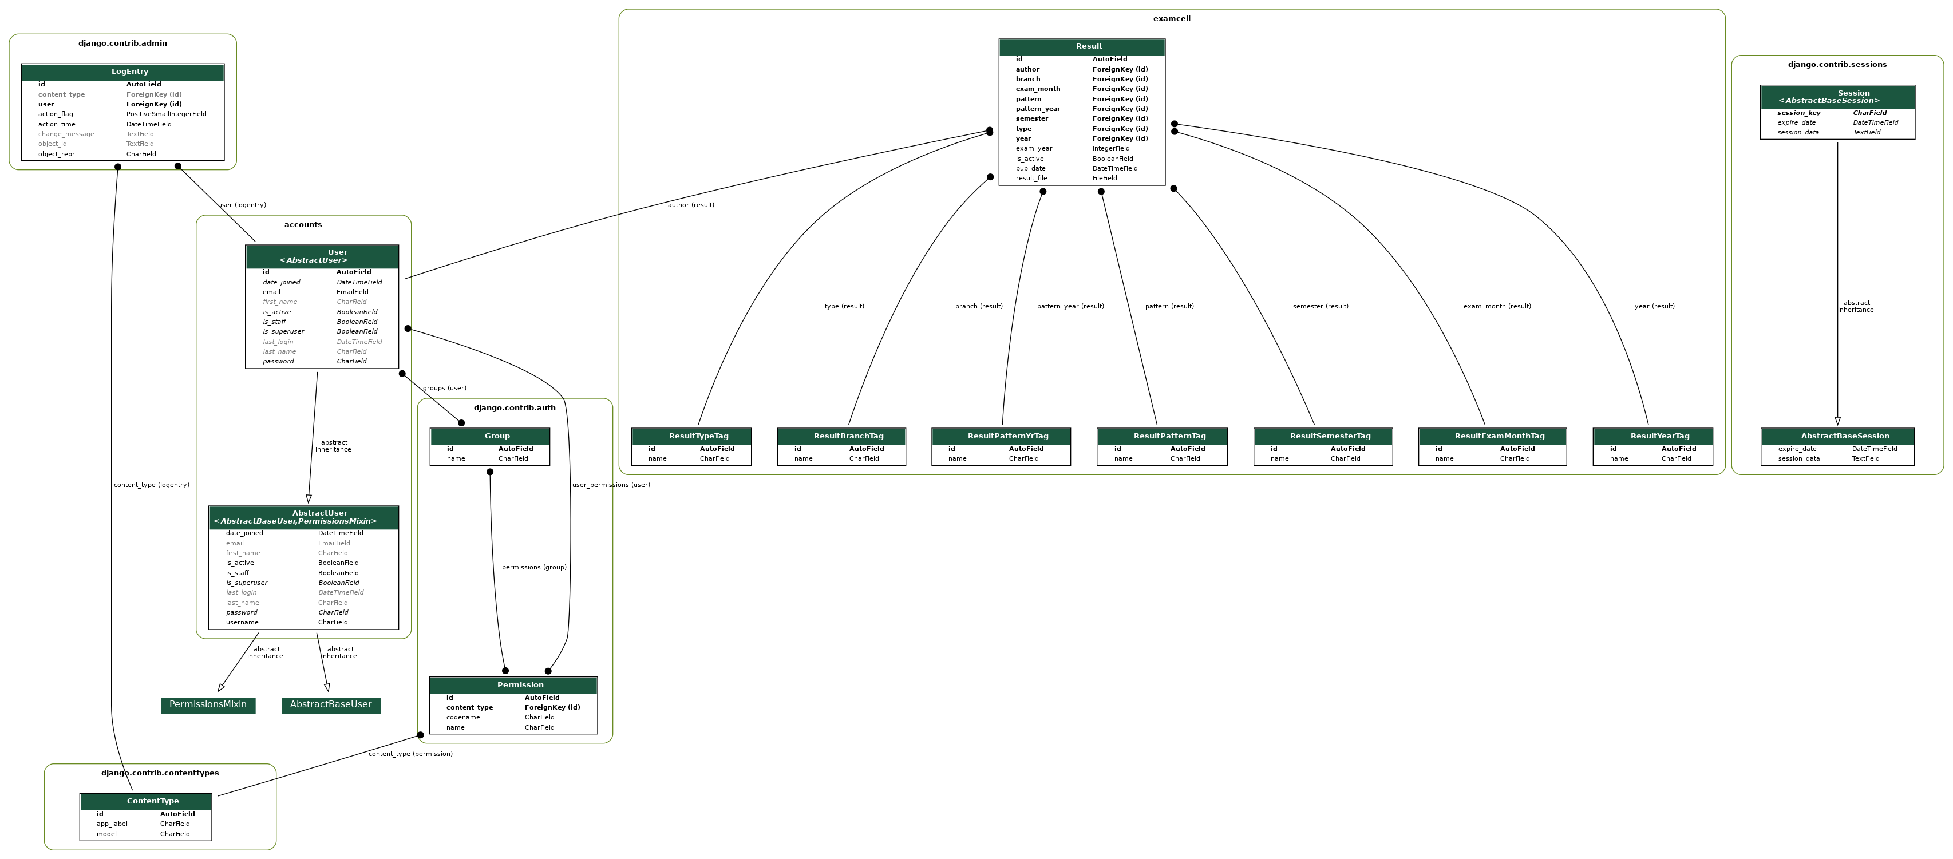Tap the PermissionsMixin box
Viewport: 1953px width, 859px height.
[x=208, y=705]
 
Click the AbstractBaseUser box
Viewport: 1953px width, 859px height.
[x=330, y=705]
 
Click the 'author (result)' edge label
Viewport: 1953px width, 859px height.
[x=691, y=205]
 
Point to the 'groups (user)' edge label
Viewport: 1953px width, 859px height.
[x=444, y=388]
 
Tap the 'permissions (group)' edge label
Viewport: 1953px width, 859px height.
[x=533, y=568]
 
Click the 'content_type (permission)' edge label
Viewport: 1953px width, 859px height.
[x=410, y=754]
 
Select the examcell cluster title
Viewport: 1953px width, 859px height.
[x=1171, y=19]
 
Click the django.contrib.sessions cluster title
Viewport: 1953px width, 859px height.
[x=1837, y=65]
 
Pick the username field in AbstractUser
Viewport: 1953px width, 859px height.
[x=242, y=623]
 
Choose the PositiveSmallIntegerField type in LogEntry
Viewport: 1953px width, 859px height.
[x=166, y=114]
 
